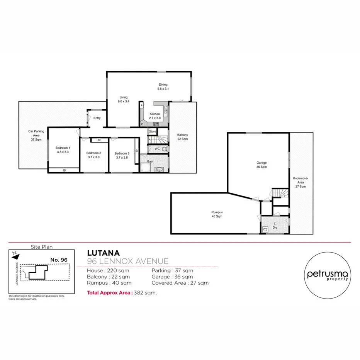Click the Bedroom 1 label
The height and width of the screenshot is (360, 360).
point(63,148)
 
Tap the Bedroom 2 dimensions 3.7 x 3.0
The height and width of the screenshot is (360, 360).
point(93,157)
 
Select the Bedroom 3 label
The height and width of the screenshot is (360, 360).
point(122,153)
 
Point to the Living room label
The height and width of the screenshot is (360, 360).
point(123,97)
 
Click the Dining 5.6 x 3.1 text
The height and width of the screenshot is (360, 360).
point(163,89)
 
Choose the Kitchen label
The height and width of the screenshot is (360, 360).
point(155,114)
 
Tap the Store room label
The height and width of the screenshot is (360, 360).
point(153,132)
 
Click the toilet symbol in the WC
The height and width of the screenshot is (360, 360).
point(164,149)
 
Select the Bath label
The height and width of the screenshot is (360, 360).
point(150,161)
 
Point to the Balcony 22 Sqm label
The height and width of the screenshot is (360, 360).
point(183,137)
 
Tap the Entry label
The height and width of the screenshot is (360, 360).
point(97,118)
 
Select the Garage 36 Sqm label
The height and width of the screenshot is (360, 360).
point(262,165)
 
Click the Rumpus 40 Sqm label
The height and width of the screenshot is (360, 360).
point(217,214)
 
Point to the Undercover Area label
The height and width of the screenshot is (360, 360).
point(301,182)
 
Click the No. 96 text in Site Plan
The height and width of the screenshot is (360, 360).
point(59,260)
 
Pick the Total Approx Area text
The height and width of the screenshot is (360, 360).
point(110,293)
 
